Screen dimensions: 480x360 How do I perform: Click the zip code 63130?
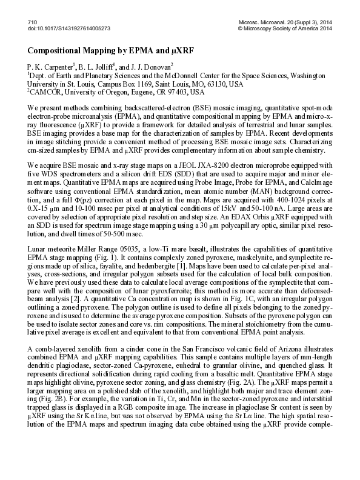(208, 84)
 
